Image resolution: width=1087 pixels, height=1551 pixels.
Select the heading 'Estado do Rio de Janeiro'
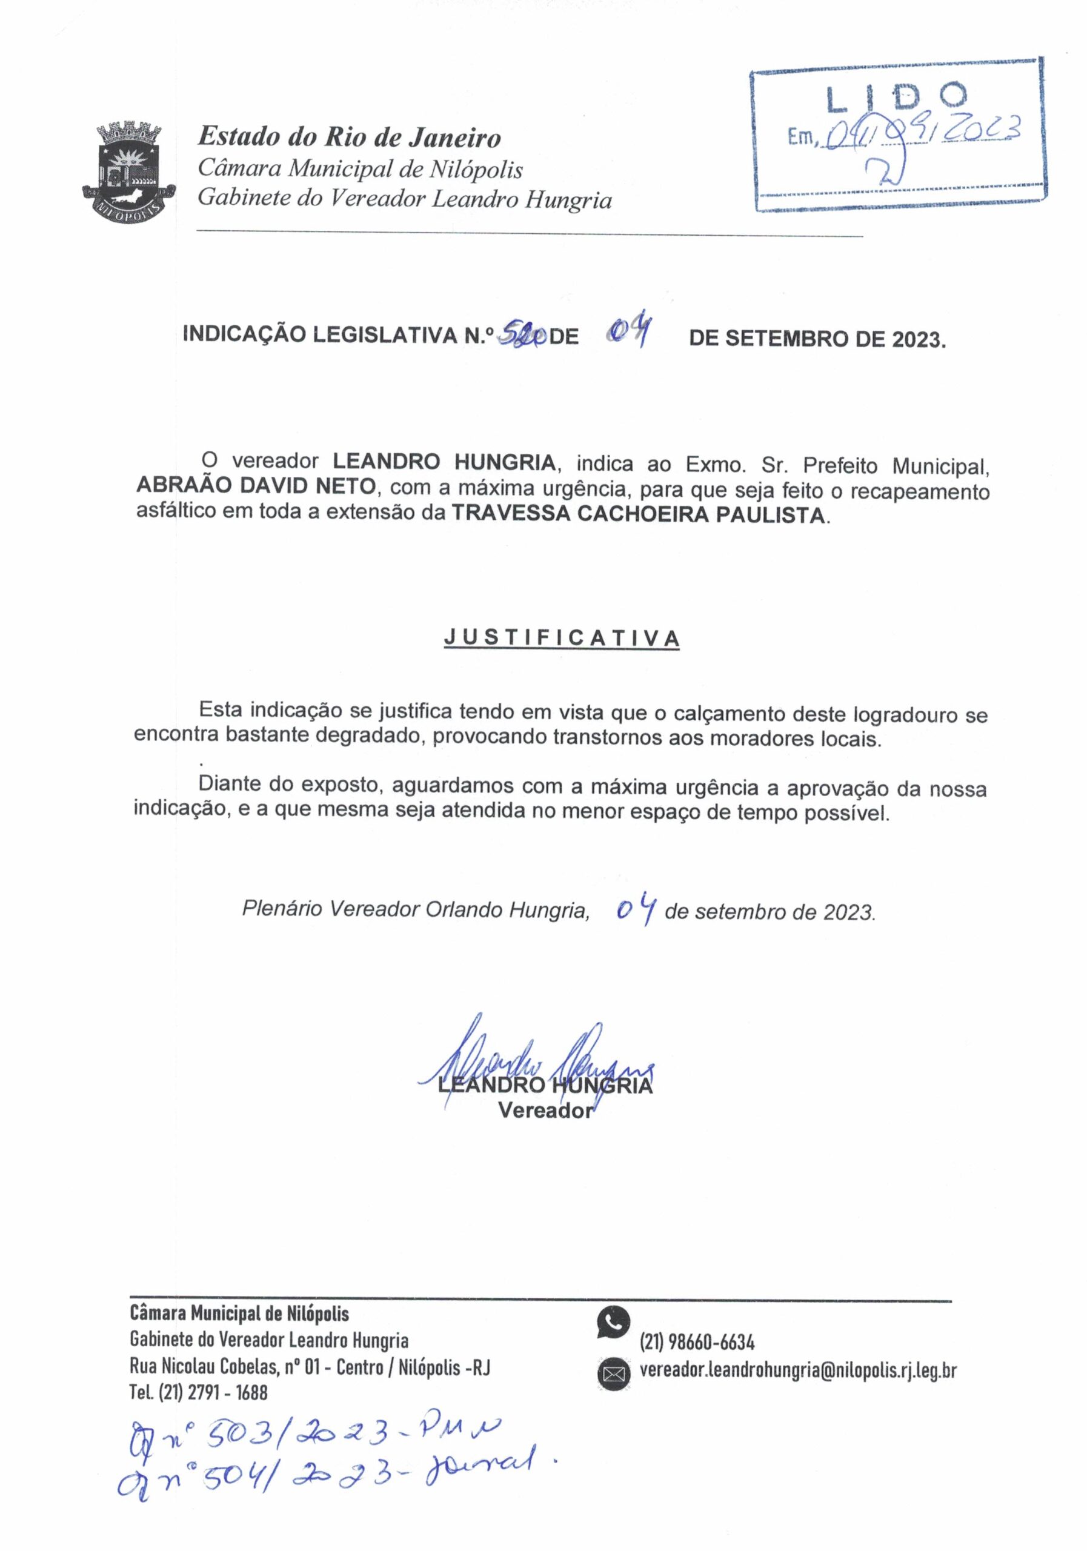tap(348, 138)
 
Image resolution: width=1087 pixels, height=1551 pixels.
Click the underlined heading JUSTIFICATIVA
tap(562, 639)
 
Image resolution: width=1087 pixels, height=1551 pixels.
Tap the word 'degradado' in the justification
tap(351, 736)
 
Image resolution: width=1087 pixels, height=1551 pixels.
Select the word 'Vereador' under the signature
tap(545, 1111)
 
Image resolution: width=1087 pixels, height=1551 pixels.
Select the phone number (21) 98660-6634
tap(697, 1341)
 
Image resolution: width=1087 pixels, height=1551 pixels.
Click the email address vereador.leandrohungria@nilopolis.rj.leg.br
tap(798, 1370)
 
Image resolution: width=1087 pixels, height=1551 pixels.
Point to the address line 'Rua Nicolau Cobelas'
tap(310, 1367)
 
